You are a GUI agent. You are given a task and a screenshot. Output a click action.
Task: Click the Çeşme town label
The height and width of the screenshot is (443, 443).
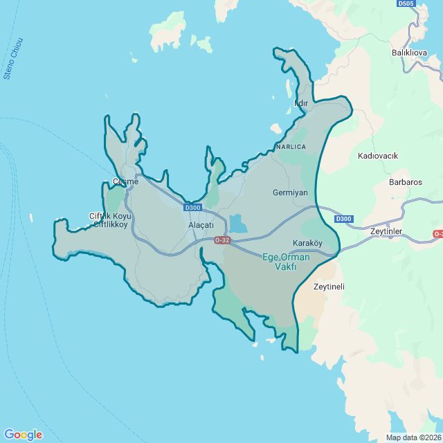click(x=125, y=182)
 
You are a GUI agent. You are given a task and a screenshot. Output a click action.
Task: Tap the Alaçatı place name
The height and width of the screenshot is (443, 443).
click(x=201, y=226)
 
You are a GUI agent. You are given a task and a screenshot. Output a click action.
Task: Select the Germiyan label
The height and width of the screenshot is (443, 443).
click(x=290, y=192)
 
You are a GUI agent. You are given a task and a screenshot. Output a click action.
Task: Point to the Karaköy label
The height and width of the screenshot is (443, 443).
click(x=308, y=243)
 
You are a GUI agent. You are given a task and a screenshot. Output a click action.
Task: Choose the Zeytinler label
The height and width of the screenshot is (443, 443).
click(x=386, y=231)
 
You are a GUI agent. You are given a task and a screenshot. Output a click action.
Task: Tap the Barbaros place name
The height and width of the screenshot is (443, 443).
click(x=406, y=182)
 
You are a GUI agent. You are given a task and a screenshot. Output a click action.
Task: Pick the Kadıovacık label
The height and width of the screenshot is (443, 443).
click(x=378, y=156)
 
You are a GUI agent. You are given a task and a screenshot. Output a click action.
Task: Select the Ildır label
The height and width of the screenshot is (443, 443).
click(x=301, y=103)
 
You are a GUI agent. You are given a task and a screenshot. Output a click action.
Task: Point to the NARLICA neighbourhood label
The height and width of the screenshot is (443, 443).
click(x=290, y=147)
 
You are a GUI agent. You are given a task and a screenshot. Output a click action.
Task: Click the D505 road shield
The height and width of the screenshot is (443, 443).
click(x=406, y=3)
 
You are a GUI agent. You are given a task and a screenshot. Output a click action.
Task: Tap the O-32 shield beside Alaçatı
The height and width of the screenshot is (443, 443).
click(x=221, y=240)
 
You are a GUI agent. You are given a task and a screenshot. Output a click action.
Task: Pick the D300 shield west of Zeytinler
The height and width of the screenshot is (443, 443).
click(x=343, y=219)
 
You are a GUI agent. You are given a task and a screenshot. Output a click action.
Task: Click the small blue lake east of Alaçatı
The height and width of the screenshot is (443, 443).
click(x=237, y=223)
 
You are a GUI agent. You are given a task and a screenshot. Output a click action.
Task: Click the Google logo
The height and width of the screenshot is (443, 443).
click(x=22, y=435)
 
